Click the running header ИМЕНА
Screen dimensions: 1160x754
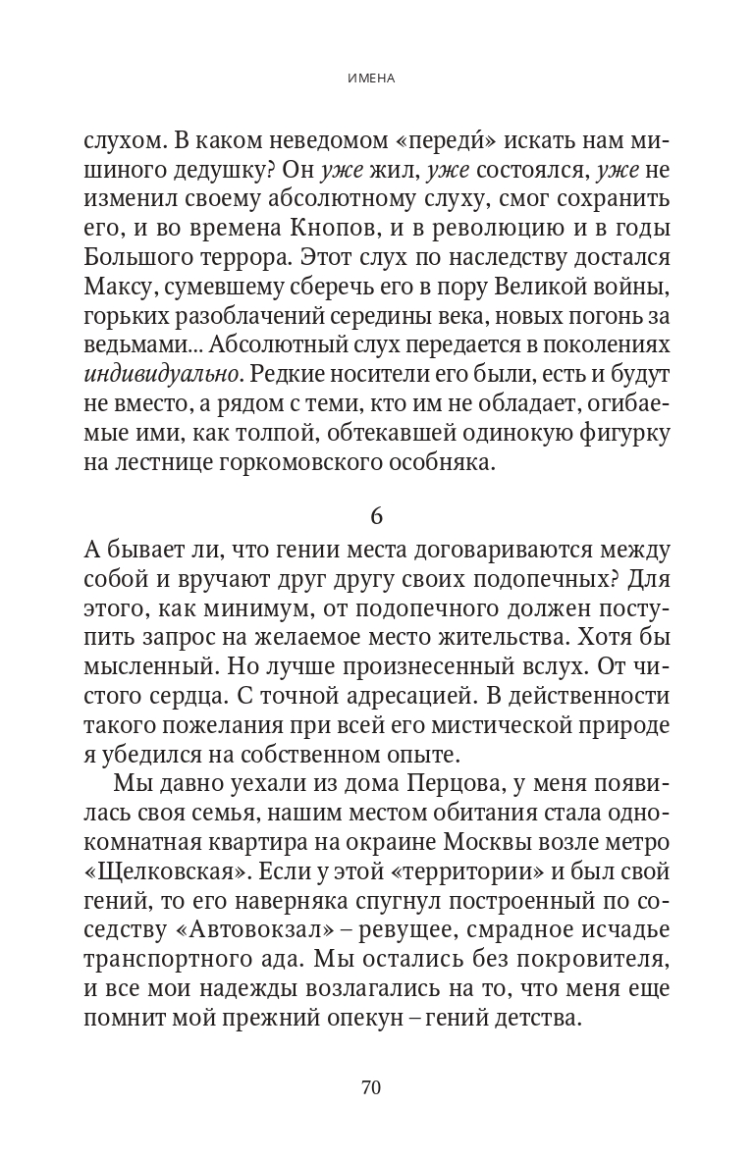click(x=377, y=78)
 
